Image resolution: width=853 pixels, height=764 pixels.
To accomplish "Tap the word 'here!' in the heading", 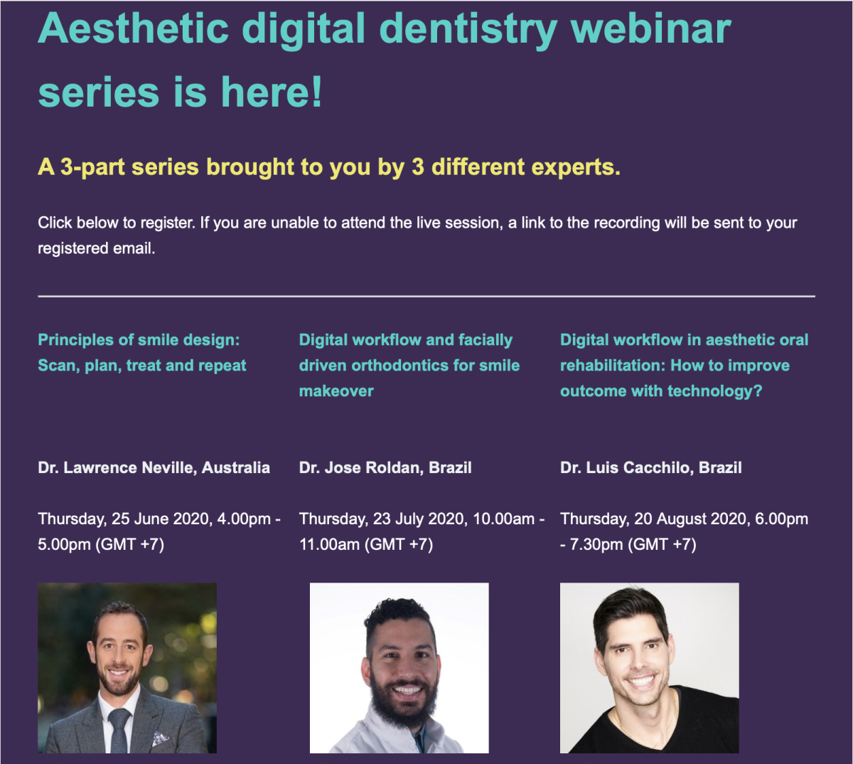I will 272,93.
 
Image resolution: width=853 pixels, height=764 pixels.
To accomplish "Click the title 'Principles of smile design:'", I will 139,340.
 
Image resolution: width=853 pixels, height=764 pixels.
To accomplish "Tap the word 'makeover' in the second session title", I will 336,391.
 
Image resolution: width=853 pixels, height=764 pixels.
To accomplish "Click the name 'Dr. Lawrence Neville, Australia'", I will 154,468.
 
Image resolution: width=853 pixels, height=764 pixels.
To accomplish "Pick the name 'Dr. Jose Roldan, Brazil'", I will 385,468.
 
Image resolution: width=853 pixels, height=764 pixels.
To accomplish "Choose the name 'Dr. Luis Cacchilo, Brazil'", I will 650,468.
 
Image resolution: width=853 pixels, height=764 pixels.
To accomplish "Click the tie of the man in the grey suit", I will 119,729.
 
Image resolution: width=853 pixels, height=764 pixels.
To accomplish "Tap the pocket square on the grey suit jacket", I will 159,739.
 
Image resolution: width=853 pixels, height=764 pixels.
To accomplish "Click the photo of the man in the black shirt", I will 649,667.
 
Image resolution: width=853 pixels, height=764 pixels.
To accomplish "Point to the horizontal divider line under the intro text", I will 426,296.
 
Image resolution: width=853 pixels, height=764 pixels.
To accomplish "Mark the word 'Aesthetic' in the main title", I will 134,30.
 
